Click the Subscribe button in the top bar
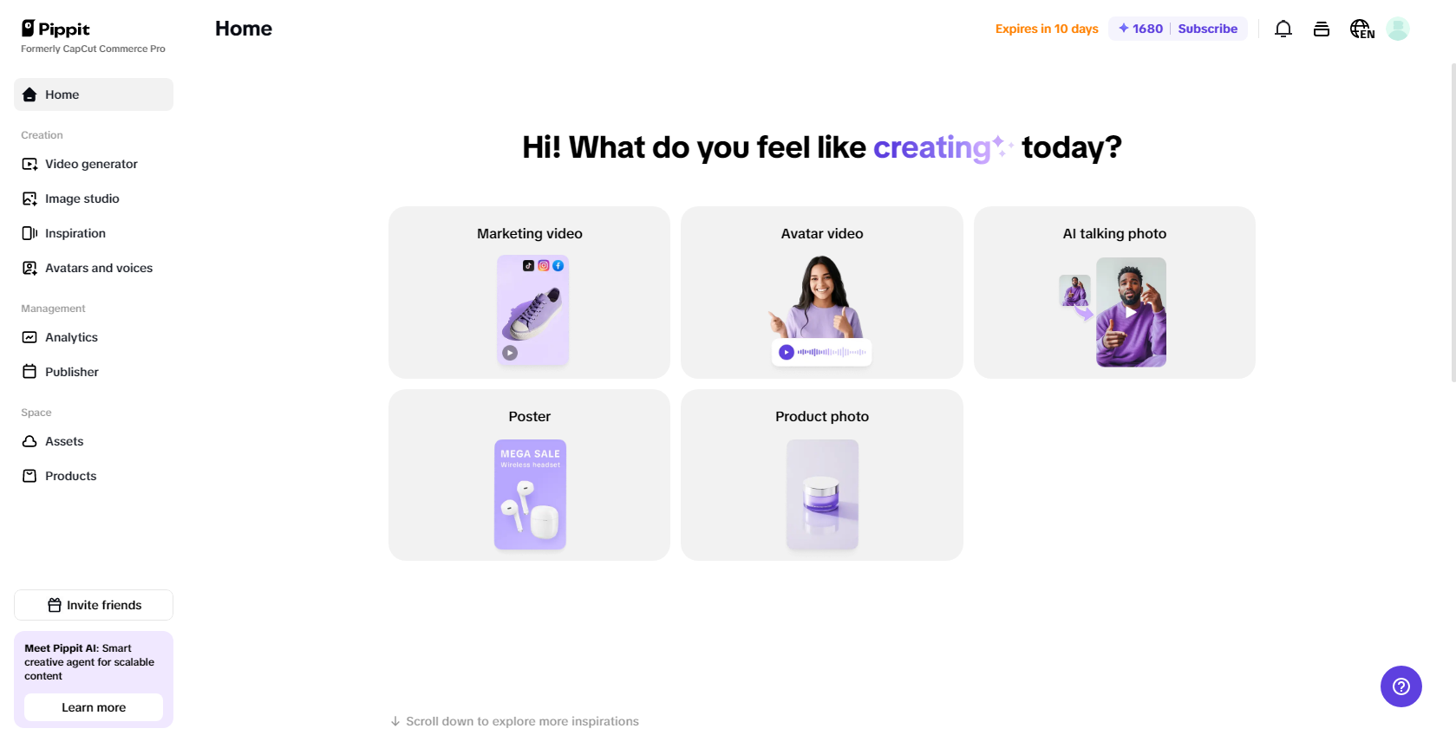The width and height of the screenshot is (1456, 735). [x=1207, y=29]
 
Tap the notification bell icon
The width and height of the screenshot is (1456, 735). [x=1283, y=29]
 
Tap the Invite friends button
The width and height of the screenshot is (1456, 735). [x=94, y=605]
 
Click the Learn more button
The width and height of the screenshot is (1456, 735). [x=94, y=707]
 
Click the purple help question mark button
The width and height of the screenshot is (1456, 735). [x=1401, y=686]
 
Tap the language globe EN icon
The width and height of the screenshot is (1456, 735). [x=1361, y=29]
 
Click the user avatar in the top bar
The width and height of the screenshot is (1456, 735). [x=1398, y=29]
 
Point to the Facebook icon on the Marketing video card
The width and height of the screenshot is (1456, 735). [x=558, y=265]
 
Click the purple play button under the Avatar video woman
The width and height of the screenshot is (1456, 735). [x=786, y=352]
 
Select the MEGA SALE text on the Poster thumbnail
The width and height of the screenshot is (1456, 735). [x=530, y=453]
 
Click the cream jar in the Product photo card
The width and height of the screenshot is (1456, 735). [x=821, y=495]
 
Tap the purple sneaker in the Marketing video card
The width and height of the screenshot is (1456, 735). [x=532, y=314]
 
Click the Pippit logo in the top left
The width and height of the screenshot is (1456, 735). [x=55, y=29]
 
